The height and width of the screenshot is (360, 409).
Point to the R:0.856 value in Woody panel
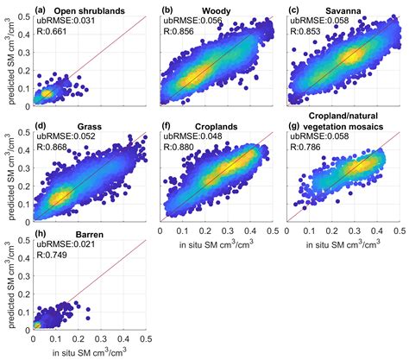(x=179, y=34)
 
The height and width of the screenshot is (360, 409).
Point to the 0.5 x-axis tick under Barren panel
(x=146, y=340)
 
